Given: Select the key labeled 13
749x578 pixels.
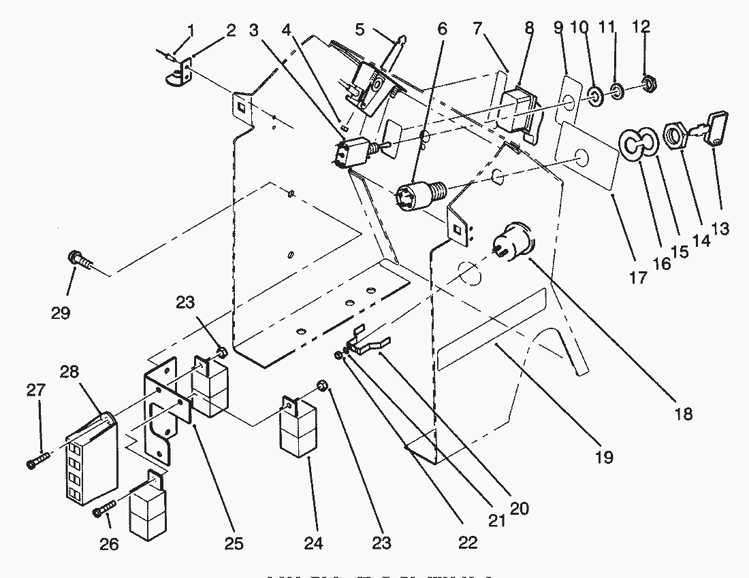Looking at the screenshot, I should [716, 128].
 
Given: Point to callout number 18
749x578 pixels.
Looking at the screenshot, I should [684, 412].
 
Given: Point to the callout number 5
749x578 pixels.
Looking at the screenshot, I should [360, 29].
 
